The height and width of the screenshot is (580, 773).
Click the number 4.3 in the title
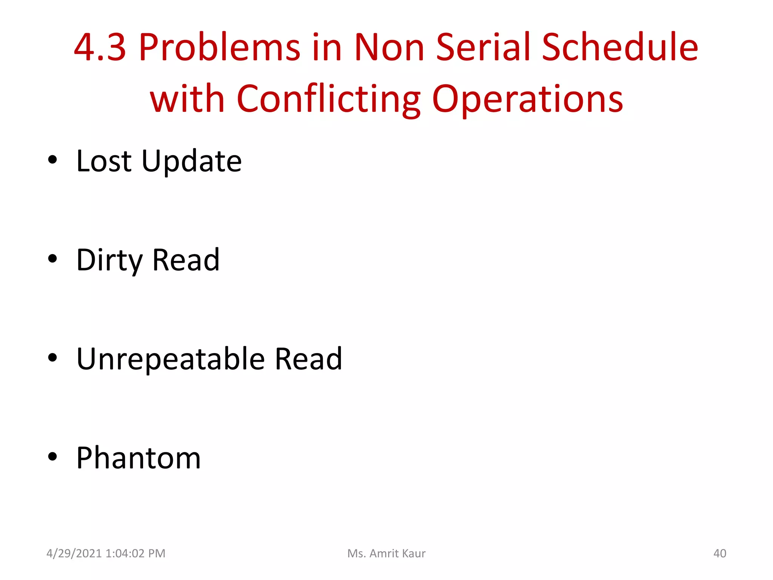tap(100, 48)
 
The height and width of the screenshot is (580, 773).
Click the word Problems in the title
tap(220, 48)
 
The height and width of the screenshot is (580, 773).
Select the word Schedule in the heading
tap(620, 48)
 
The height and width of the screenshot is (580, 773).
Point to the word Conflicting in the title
tap(328, 99)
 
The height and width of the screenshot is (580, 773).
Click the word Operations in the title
tap(527, 99)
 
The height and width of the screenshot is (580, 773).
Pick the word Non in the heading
tap(389, 48)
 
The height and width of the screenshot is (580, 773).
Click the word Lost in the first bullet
tap(104, 161)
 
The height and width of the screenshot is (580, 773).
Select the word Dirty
tap(109, 261)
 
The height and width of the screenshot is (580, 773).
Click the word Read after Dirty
tap(186, 261)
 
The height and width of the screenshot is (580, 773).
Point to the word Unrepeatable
tap(171, 359)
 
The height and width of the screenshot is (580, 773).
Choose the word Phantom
tap(139, 458)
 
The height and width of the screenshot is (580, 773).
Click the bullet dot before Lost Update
tap(52, 160)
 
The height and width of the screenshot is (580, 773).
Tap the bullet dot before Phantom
tap(52, 457)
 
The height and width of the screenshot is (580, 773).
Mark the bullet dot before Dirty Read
tap(52, 259)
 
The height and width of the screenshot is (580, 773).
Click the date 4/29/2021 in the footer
tap(74, 553)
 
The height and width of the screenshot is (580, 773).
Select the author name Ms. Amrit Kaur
tap(386, 553)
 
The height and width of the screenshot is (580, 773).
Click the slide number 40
tap(719, 553)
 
